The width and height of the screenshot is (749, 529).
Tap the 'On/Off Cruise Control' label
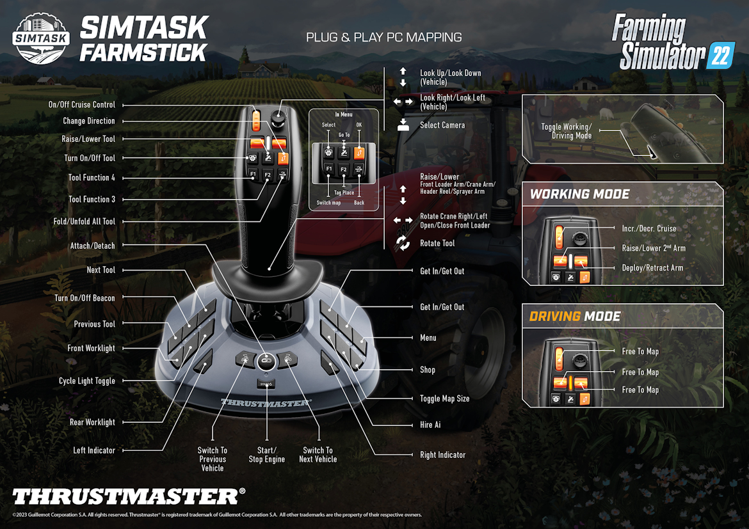pos(82,105)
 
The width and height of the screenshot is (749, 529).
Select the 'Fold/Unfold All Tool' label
pos(85,221)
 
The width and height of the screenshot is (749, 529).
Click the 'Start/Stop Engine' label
pos(266,455)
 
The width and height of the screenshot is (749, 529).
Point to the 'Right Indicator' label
pos(442,455)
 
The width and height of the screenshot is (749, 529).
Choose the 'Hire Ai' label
pos(430,425)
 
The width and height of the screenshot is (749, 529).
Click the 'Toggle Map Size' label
pos(444,399)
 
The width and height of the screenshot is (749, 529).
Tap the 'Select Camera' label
pos(442,125)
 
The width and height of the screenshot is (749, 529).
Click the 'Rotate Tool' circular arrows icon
pos(403,243)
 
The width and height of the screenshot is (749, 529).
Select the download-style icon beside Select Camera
pos(403,125)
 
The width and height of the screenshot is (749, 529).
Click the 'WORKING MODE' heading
pos(579,194)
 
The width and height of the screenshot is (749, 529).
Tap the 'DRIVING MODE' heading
pos(574,317)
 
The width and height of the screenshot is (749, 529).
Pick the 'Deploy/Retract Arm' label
pos(652,268)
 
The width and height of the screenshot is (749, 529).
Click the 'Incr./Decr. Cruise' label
pos(648,228)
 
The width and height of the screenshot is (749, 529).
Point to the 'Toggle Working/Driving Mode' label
pos(567,131)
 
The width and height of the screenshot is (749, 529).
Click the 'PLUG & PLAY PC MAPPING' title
pos(383,37)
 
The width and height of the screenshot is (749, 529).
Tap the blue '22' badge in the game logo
pos(720,57)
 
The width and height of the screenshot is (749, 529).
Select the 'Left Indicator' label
pos(94,450)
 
